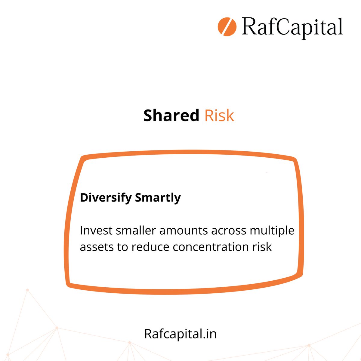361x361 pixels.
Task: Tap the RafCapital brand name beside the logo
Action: point(292,27)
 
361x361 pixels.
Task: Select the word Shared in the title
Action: point(171,116)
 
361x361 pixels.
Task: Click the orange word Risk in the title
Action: point(219,116)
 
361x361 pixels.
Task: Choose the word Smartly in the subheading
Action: point(158,198)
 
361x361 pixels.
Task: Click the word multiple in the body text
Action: point(272,231)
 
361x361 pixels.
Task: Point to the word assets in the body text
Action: point(96,247)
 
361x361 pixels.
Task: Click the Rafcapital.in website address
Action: point(180,334)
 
